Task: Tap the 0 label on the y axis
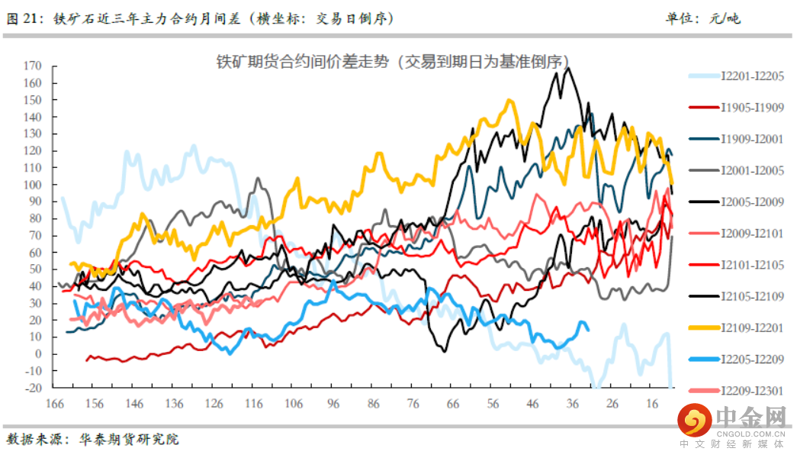pyautogui.click(x=37, y=353)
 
